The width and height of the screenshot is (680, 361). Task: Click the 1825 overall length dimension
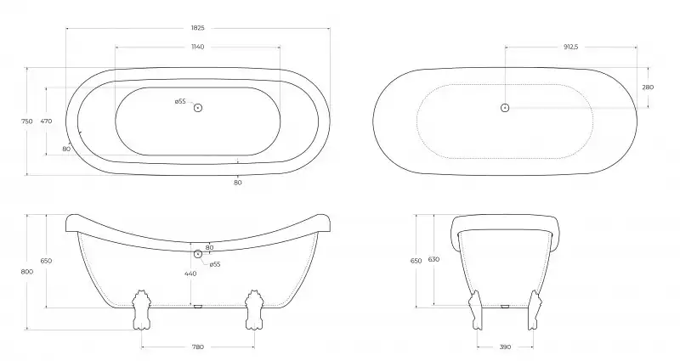[197, 28]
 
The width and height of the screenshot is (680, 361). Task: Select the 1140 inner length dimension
[197, 47]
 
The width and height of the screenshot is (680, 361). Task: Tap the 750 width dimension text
[27, 121]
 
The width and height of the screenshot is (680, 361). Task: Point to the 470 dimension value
[46, 121]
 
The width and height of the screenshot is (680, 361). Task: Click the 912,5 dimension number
[570, 47]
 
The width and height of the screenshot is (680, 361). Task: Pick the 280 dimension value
[648, 87]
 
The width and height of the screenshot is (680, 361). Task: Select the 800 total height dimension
[27, 272]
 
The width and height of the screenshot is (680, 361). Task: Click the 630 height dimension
[433, 259]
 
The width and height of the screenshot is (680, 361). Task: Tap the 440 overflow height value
[190, 274]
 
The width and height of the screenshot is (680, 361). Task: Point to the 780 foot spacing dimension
[198, 347]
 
